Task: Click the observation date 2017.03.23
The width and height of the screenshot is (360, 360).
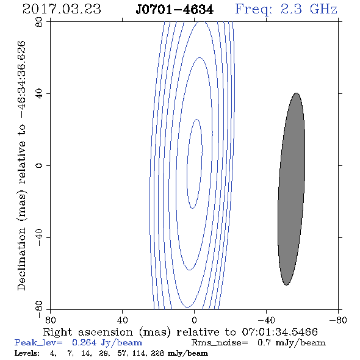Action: pos(62,9)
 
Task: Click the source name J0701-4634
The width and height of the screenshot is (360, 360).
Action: pos(175,10)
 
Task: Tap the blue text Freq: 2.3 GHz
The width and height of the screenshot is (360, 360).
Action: pos(286,9)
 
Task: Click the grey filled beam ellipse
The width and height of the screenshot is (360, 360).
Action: pos(291,189)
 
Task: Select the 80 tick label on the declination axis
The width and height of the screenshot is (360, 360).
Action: pos(39,22)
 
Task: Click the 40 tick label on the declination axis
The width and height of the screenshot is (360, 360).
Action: pos(39,94)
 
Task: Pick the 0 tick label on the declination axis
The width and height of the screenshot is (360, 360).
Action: pos(39,165)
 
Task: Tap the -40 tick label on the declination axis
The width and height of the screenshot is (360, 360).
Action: pos(39,237)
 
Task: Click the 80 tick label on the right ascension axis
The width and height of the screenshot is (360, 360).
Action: pos(50,320)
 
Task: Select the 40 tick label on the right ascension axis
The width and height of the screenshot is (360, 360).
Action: pos(122,320)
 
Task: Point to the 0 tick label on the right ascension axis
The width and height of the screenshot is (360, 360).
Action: pos(194,320)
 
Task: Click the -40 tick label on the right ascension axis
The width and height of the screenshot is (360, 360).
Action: pos(266,320)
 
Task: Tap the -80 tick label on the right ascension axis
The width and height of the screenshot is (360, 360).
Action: pos(338,320)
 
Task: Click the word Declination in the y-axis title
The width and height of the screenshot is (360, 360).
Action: pos(21,259)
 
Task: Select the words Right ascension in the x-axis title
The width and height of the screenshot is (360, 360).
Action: pos(88,332)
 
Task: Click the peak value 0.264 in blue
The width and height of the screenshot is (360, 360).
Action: pos(84,343)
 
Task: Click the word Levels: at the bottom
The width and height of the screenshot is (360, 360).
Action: pos(27,353)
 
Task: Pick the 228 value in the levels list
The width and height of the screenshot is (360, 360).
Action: pos(159,353)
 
